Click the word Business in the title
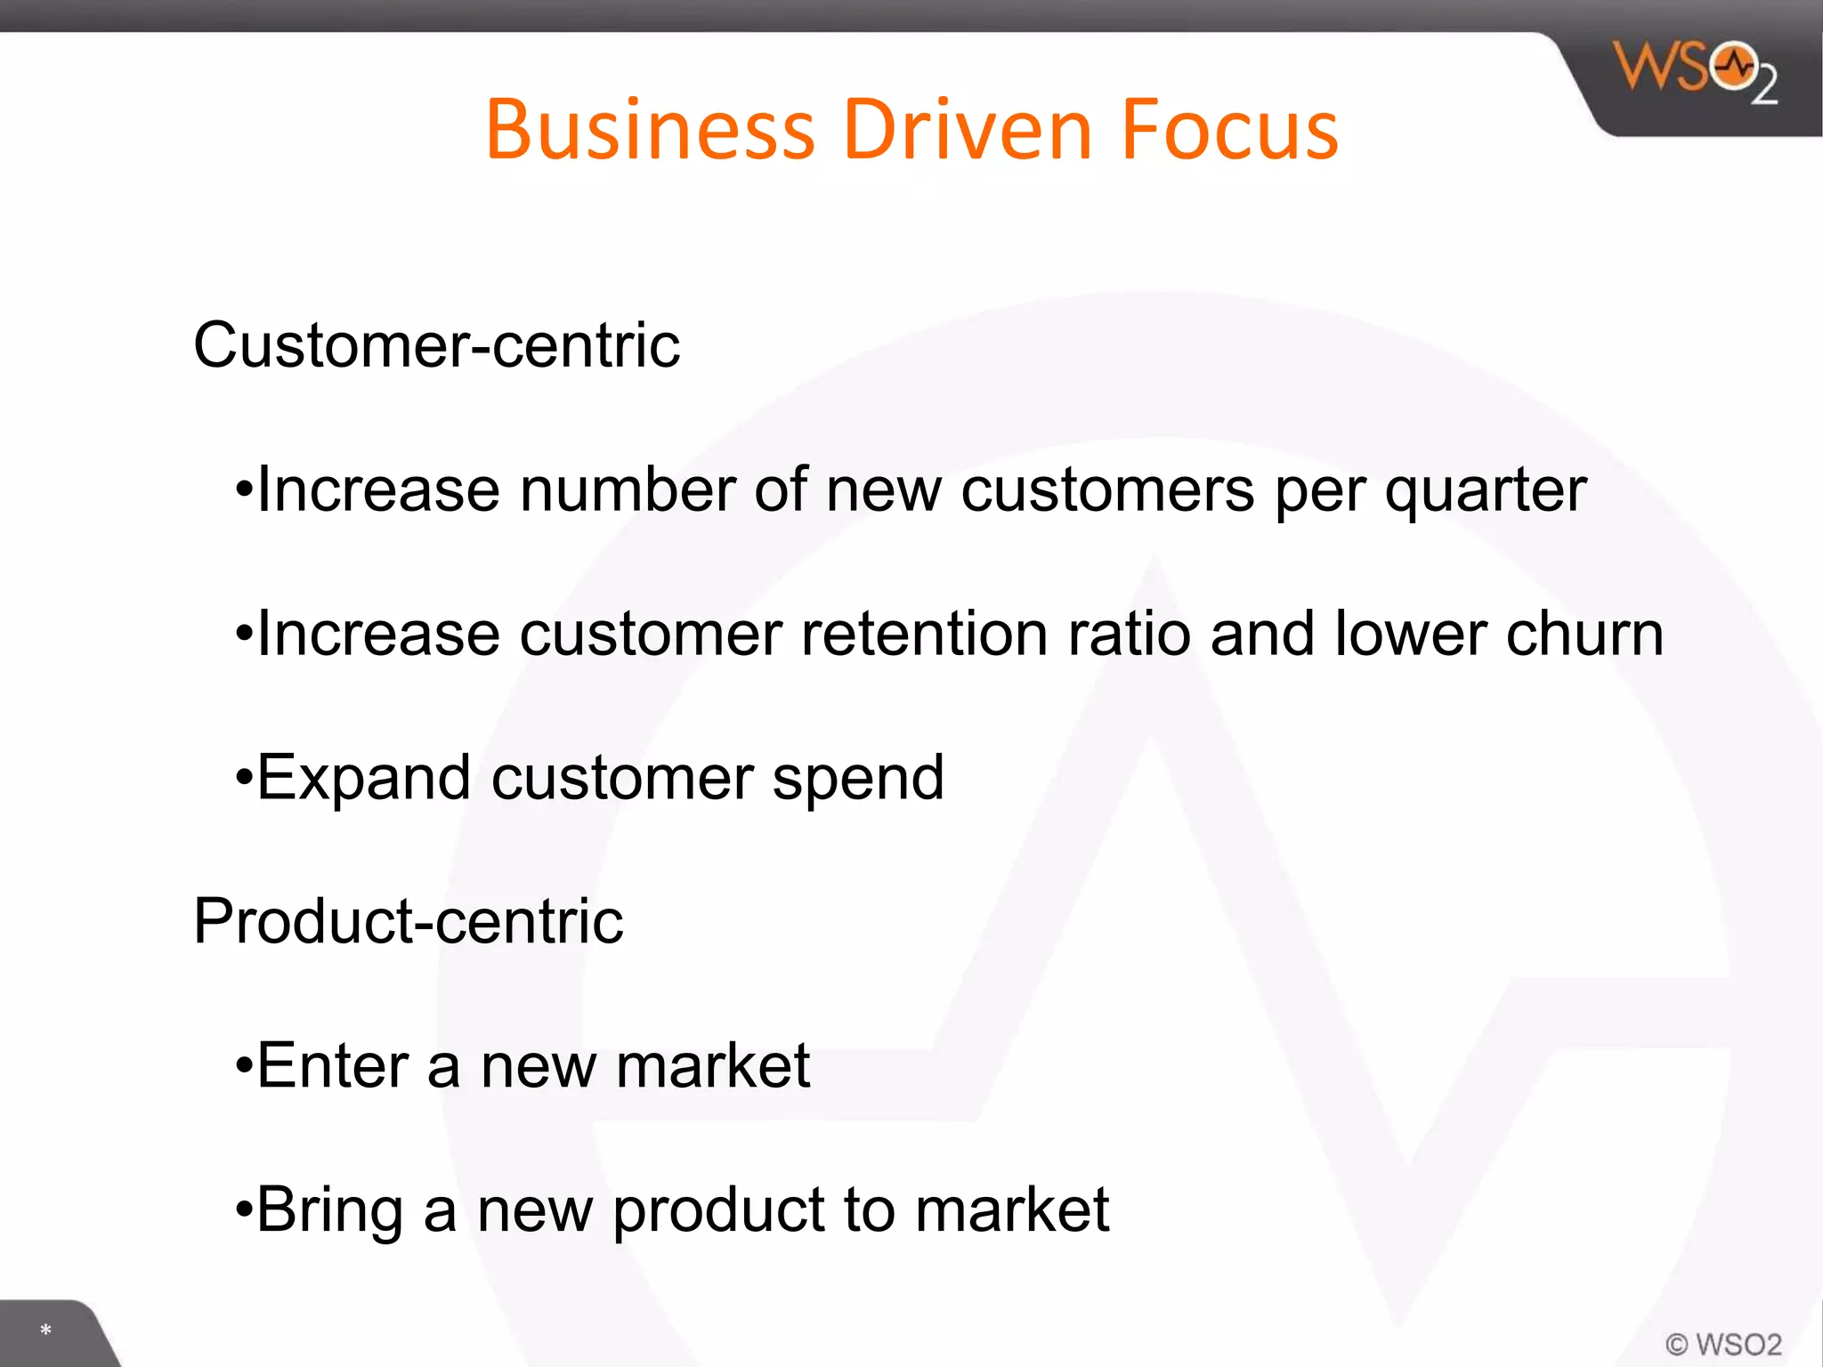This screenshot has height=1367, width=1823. click(x=650, y=130)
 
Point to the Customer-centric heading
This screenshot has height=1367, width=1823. click(x=436, y=345)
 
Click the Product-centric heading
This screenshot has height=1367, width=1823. click(x=408, y=921)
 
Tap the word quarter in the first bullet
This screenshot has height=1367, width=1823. click(x=1485, y=492)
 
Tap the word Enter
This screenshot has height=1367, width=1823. click(x=331, y=1065)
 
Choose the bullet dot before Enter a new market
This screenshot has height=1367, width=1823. click(x=244, y=1067)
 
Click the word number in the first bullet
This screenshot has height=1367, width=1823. click(x=627, y=490)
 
